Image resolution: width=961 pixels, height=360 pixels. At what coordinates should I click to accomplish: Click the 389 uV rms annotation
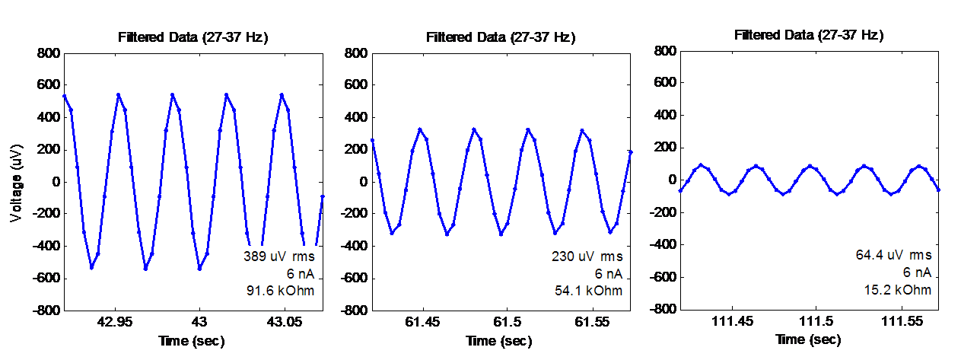(278, 256)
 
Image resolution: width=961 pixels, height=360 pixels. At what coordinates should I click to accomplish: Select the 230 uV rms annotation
(587, 256)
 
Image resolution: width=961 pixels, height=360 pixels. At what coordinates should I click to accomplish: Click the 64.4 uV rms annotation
(893, 255)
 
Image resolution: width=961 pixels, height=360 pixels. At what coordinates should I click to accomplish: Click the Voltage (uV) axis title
(16, 181)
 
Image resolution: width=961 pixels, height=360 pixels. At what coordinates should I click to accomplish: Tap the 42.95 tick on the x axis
(116, 323)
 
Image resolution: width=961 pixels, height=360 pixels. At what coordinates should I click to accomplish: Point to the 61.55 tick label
(591, 323)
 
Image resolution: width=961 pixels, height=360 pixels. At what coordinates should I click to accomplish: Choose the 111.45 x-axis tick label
(733, 321)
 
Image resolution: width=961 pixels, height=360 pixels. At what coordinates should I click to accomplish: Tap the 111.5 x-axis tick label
(817, 321)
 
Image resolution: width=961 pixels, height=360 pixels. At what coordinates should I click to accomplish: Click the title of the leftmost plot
(193, 37)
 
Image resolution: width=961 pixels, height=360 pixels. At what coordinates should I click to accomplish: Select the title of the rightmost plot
(809, 35)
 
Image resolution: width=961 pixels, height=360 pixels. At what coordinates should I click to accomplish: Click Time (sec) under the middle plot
(499, 341)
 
